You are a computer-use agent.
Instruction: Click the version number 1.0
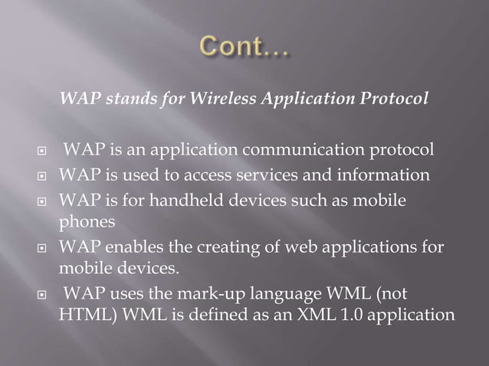click(353, 315)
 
